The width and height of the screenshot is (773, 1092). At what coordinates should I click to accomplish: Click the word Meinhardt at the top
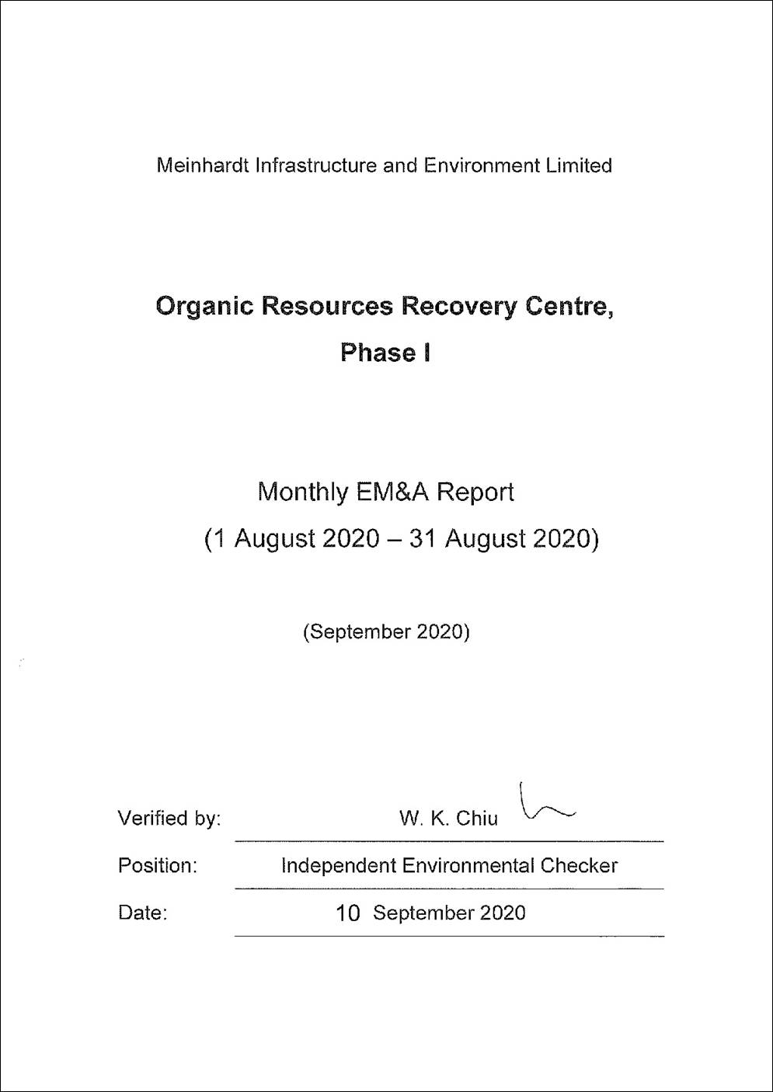[203, 165]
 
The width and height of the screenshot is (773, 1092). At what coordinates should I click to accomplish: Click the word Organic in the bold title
[204, 307]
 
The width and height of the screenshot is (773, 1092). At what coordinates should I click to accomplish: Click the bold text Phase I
[385, 353]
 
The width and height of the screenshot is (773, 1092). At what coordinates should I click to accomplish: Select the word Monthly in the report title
[302, 492]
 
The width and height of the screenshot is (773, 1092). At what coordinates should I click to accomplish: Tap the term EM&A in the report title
[392, 492]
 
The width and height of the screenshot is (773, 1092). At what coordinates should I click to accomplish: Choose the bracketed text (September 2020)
[386, 631]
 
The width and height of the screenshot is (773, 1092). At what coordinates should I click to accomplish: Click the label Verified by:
[169, 819]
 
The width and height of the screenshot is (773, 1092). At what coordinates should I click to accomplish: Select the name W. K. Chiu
[448, 819]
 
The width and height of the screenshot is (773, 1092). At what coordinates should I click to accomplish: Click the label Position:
[158, 865]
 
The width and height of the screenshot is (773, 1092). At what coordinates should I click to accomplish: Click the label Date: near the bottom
[143, 913]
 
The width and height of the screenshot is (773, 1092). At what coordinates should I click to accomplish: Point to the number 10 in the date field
[347, 913]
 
